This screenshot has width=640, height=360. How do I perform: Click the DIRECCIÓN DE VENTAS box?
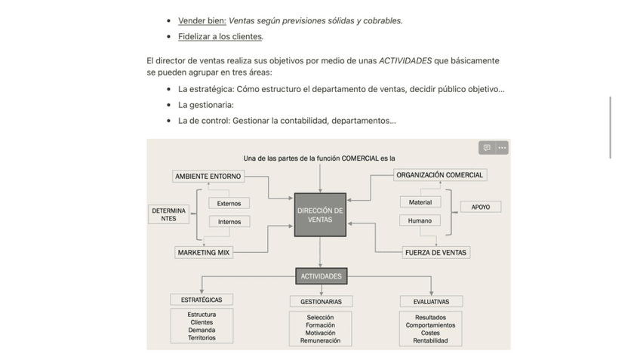[x=320, y=214]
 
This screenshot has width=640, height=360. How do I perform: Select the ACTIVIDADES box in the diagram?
[x=321, y=276]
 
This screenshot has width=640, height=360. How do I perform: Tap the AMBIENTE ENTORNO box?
[x=208, y=177]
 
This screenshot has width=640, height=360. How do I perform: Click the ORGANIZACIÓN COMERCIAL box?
[x=439, y=175]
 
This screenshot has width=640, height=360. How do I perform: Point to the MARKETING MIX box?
[x=204, y=252]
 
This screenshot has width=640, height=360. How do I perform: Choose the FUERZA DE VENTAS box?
[x=435, y=252]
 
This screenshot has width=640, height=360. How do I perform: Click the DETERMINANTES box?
[x=168, y=214]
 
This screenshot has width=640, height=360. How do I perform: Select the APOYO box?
[x=480, y=207]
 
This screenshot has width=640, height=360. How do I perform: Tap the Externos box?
[x=229, y=203]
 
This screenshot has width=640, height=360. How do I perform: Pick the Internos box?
[x=229, y=222]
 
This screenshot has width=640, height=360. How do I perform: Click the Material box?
[x=420, y=202]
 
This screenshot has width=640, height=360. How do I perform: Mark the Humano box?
[x=420, y=220]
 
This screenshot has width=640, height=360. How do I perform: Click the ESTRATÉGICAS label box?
[x=202, y=300]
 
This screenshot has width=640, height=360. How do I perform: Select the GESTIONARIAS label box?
[x=320, y=301]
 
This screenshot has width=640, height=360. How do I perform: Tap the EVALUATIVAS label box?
[x=430, y=301]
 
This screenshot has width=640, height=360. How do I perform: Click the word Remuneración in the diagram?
[x=320, y=340]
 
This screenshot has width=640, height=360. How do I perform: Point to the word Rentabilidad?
[x=430, y=340]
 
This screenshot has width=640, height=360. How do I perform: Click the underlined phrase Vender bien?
[x=202, y=20]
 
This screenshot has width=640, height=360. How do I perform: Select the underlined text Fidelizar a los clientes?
[x=220, y=36]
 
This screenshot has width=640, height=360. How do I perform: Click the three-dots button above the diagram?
[x=502, y=148]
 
